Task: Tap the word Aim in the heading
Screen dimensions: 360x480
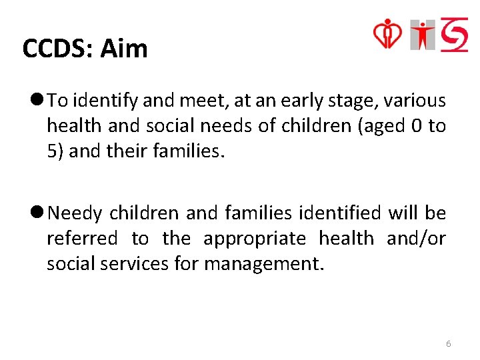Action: (x=124, y=49)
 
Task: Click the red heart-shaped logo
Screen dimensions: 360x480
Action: (x=387, y=33)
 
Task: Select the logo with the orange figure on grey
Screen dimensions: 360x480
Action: (x=423, y=35)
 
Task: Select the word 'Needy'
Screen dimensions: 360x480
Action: (x=75, y=214)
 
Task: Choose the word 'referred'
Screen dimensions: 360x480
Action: (x=81, y=239)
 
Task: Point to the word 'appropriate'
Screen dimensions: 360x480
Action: (x=254, y=239)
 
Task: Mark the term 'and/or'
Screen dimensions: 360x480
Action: (x=416, y=239)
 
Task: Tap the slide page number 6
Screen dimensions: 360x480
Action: (x=448, y=344)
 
